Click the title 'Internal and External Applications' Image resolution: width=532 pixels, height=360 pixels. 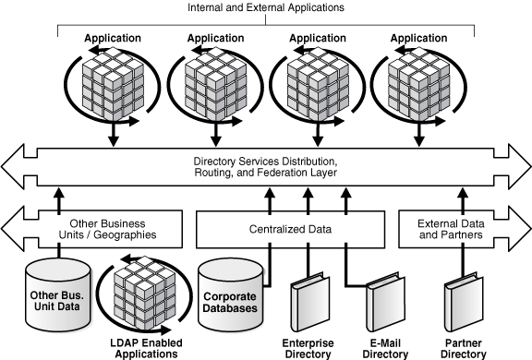click(x=265, y=7)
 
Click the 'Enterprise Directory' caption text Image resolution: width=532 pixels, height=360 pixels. click(x=308, y=348)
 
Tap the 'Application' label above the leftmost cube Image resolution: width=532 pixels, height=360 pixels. click(x=113, y=38)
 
